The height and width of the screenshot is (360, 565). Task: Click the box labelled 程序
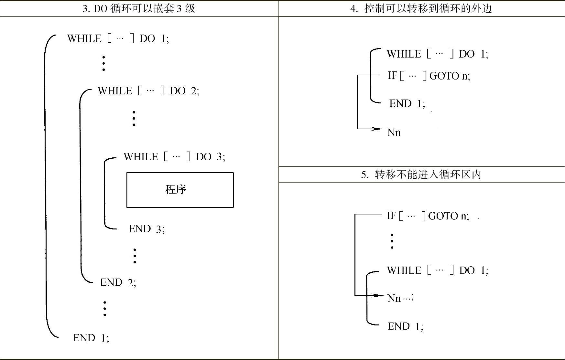(x=180, y=190)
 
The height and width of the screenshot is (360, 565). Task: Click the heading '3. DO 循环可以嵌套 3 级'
(x=139, y=8)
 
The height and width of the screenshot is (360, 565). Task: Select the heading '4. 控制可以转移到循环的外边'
(x=421, y=8)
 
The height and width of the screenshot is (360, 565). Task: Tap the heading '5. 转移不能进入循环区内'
(x=421, y=175)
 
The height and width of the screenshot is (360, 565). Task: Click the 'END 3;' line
(x=147, y=229)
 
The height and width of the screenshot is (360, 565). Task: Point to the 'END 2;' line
(x=118, y=282)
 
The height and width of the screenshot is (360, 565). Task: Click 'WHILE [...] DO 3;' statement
(x=174, y=157)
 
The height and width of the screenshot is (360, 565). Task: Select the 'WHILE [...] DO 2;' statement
(x=148, y=91)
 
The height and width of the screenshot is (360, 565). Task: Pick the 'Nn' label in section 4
(x=394, y=132)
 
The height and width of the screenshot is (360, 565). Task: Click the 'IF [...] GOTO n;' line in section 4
(x=429, y=76)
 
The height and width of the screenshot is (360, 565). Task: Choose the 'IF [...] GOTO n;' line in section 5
(x=428, y=216)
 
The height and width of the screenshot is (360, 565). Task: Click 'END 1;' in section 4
(x=407, y=103)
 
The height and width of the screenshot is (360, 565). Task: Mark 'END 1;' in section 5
(x=405, y=326)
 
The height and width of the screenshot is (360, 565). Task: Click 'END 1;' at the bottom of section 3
(x=91, y=338)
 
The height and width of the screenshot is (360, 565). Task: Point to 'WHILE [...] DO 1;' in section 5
(x=438, y=270)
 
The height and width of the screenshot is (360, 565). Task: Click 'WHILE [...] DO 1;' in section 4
(x=438, y=54)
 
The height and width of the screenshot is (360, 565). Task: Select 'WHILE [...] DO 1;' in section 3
(x=118, y=38)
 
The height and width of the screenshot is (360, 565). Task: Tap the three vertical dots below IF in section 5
(x=392, y=241)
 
